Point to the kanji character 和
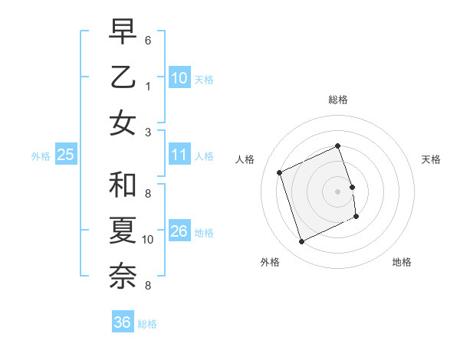pyautogui.click(x=123, y=185)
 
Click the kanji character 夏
pyautogui.click(x=123, y=231)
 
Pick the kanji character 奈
pyautogui.click(x=123, y=277)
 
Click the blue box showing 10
pyautogui.click(x=179, y=78)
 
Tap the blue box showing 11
pyautogui.click(x=179, y=155)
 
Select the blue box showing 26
pyautogui.click(x=179, y=231)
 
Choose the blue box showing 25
pyautogui.click(x=66, y=155)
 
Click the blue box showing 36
pyautogui.click(x=122, y=322)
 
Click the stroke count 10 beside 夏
pyautogui.click(x=148, y=240)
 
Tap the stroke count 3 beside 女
pyautogui.click(x=148, y=131)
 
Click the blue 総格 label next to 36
pyautogui.click(x=147, y=324)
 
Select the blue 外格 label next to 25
pyautogui.click(x=41, y=156)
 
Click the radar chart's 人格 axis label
pyautogui.click(x=245, y=159)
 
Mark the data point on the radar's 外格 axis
pyautogui.click(x=301, y=242)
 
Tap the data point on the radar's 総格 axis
pyautogui.click(x=337, y=146)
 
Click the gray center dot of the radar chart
pyautogui.click(x=337, y=191)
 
